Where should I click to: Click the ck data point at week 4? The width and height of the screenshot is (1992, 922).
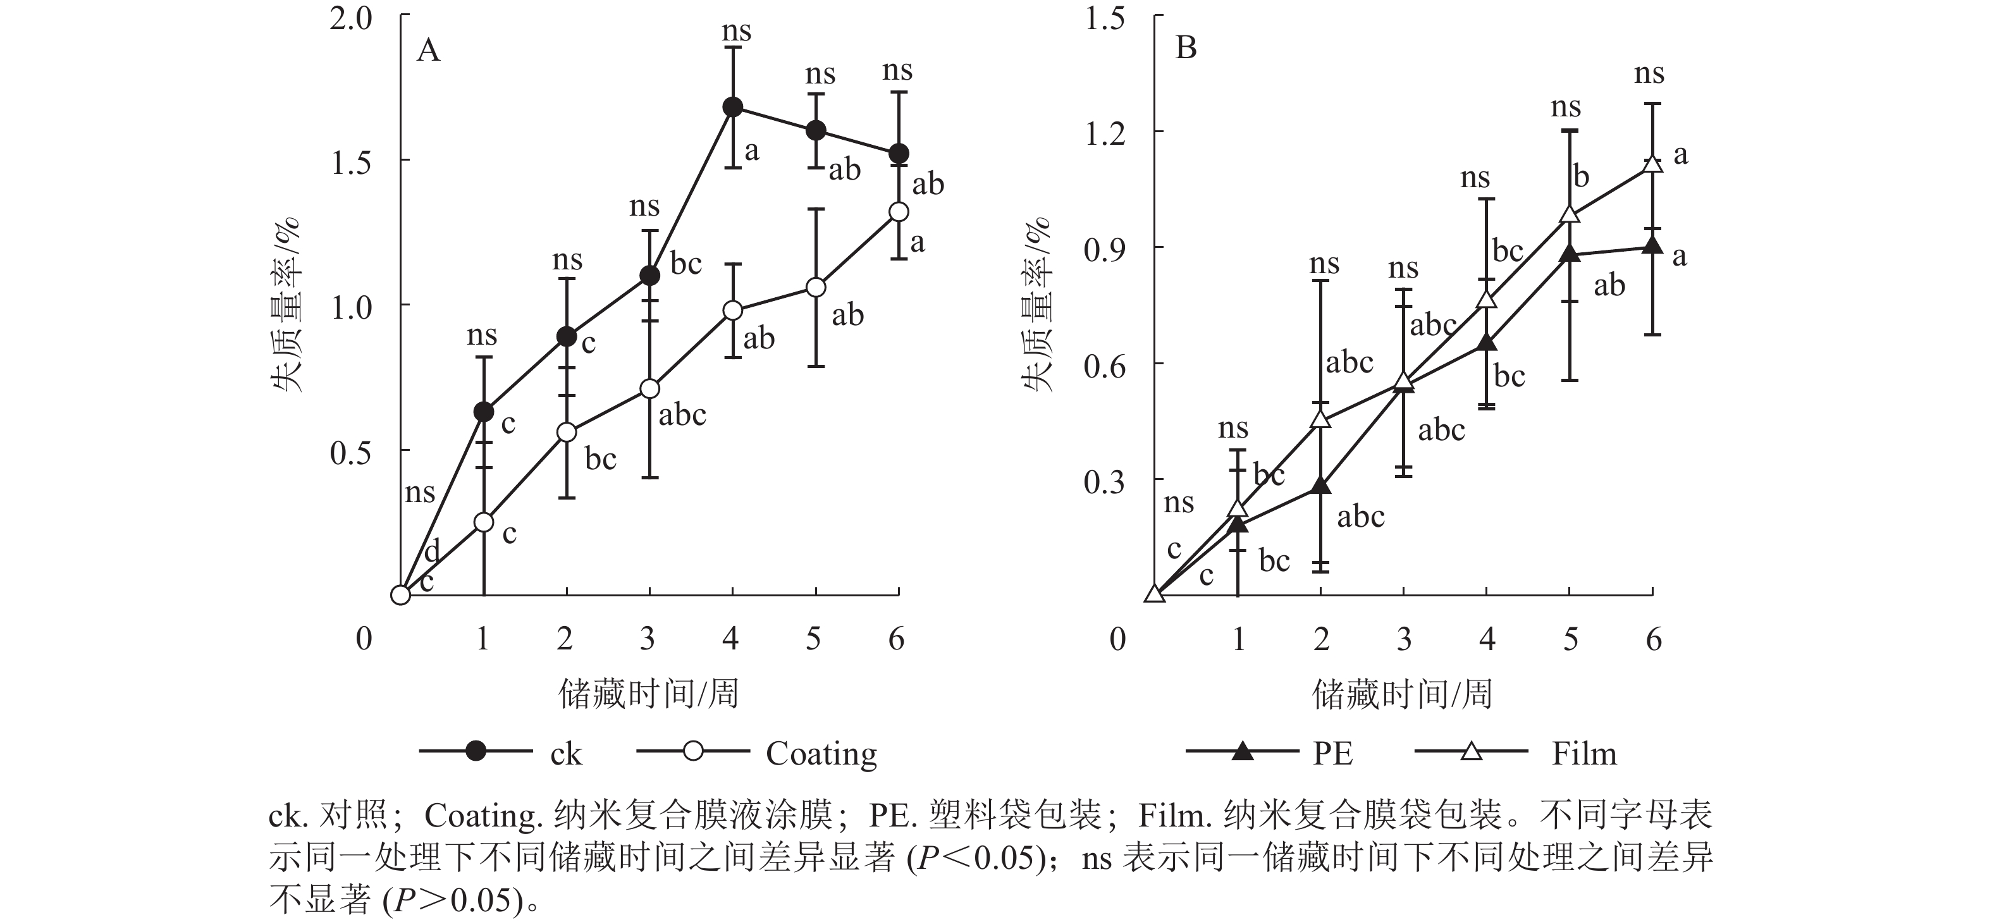point(732,107)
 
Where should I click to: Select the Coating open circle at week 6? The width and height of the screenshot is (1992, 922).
point(898,211)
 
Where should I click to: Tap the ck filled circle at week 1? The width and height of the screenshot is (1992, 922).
point(483,412)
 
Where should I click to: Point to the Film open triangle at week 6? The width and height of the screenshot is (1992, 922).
point(1652,164)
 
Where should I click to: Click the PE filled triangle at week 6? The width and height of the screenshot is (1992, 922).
point(1652,246)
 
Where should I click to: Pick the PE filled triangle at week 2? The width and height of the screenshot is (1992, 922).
point(1321,486)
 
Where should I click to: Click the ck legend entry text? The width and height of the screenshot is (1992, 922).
point(565,753)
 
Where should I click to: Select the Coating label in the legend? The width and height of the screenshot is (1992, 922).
point(821,753)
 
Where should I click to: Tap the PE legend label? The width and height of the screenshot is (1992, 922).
point(1332,753)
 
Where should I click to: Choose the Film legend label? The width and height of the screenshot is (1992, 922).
point(1583,753)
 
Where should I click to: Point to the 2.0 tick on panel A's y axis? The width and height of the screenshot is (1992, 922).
point(351,18)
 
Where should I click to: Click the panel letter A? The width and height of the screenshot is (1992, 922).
point(427,51)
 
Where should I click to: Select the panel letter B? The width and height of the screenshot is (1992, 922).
point(1186,48)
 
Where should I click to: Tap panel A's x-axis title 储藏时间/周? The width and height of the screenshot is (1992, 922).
point(648,694)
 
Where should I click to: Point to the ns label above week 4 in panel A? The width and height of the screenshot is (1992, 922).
point(736,32)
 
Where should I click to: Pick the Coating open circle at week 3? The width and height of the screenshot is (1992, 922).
point(649,388)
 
